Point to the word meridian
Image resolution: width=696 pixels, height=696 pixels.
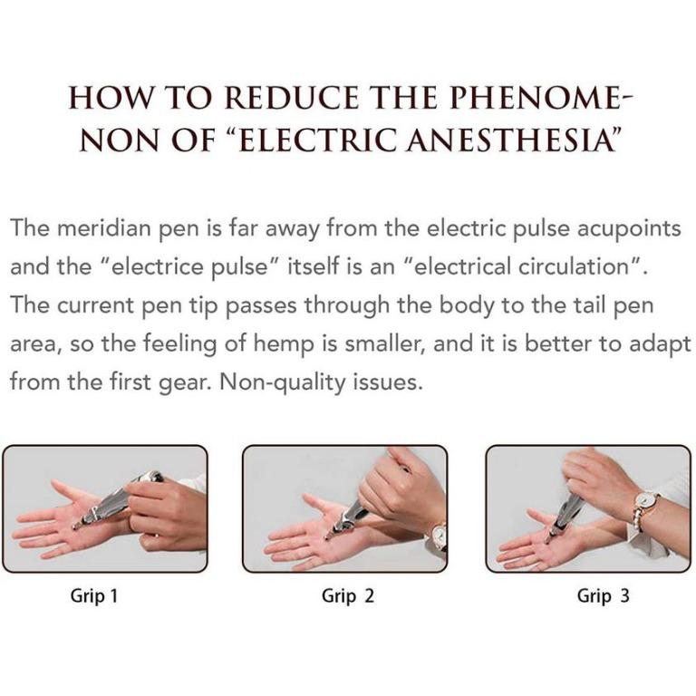[x=98, y=227]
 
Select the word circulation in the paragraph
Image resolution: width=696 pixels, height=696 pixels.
[x=559, y=267]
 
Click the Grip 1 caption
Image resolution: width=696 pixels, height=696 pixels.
[x=94, y=596]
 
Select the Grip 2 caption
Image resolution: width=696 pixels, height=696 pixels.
[x=348, y=596]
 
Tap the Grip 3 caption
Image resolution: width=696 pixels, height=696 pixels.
[x=604, y=596]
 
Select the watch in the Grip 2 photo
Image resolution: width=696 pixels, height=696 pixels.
[x=439, y=536]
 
